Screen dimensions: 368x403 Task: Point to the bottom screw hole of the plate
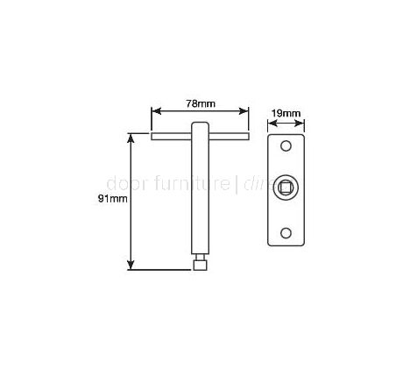286,232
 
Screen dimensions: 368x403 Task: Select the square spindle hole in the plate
286,187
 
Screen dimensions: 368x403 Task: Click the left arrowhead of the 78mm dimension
155,112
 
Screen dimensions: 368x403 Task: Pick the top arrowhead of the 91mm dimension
132,137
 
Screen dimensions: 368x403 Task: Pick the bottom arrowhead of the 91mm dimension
132,266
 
